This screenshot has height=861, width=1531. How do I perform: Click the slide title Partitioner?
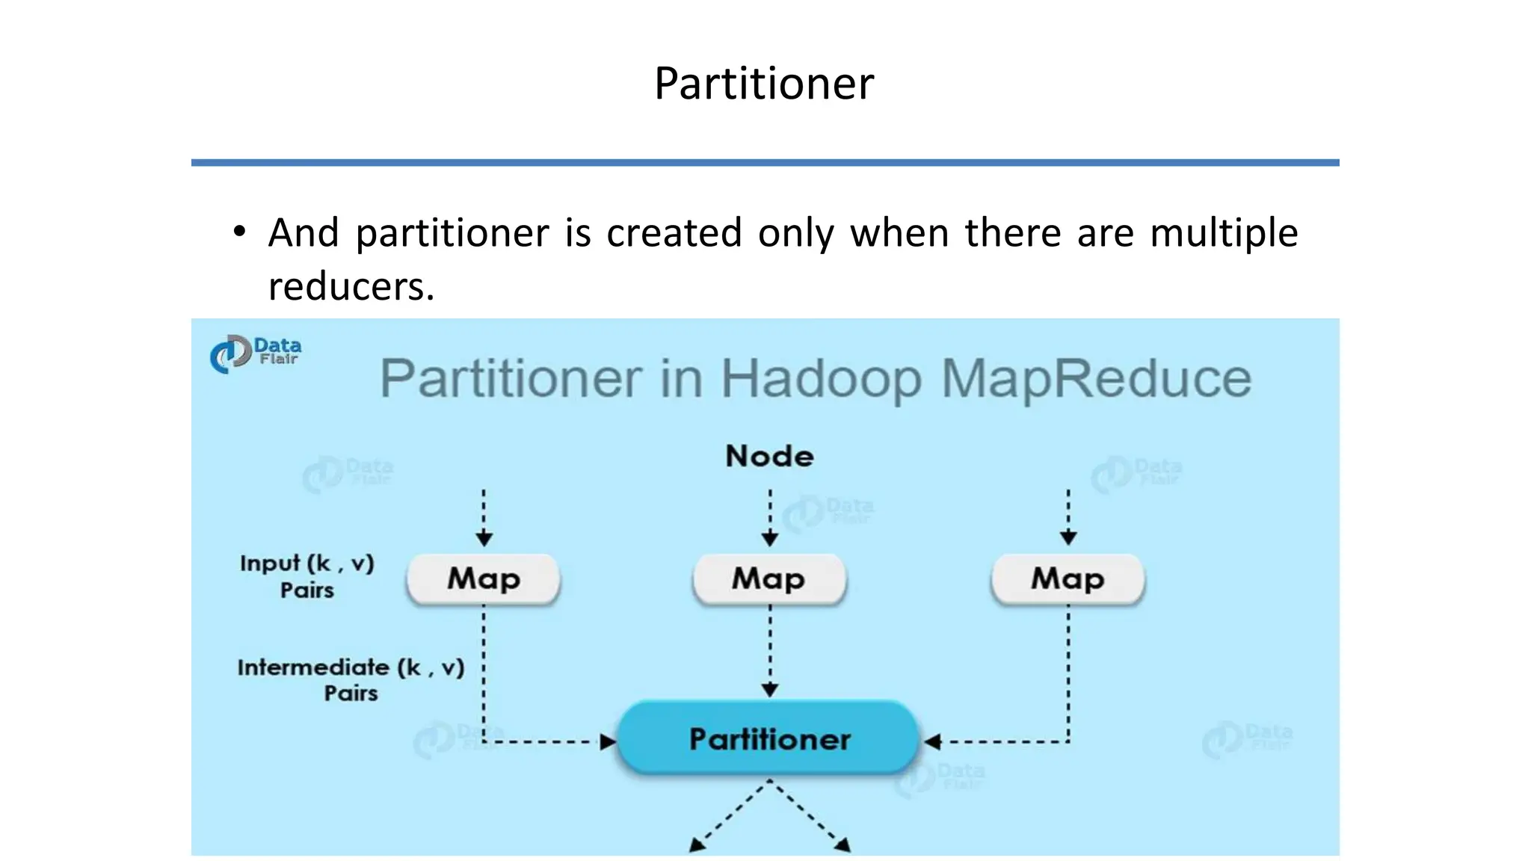(x=763, y=83)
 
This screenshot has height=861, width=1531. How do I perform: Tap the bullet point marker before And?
(x=239, y=232)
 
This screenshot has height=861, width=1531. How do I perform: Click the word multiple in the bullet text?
(x=1223, y=233)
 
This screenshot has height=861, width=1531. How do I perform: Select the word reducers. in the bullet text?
(x=351, y=287)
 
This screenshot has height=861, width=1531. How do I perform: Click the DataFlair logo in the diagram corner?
(x=255, y=353)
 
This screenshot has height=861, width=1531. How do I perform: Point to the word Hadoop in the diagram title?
(x=820, y=379)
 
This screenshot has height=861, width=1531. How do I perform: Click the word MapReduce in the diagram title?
(x=1095, y=379)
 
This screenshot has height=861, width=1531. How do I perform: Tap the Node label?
(x=769, y=456)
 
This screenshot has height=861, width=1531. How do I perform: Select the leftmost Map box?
(x=484, y=579)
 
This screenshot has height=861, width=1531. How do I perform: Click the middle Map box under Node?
(x=769, y=579)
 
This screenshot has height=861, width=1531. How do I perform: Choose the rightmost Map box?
(x=1068, y=579)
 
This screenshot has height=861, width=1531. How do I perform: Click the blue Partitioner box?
(x=769, y=739)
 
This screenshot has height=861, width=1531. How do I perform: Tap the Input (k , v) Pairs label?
(x=306, y=575)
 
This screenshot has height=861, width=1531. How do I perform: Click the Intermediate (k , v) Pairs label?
(x=351, y=679)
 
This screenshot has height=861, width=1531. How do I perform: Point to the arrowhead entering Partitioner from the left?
(x=608, y=742)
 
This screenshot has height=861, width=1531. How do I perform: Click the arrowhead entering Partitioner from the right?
(x=932, y=742)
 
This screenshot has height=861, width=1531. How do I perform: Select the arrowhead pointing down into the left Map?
(x=484, y=538)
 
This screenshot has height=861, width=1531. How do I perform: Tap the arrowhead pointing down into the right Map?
(x=1068, y=537)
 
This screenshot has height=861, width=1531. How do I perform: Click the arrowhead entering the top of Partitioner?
(x=770, y=690)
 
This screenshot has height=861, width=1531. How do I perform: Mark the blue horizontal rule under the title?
(x=765, y=162)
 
